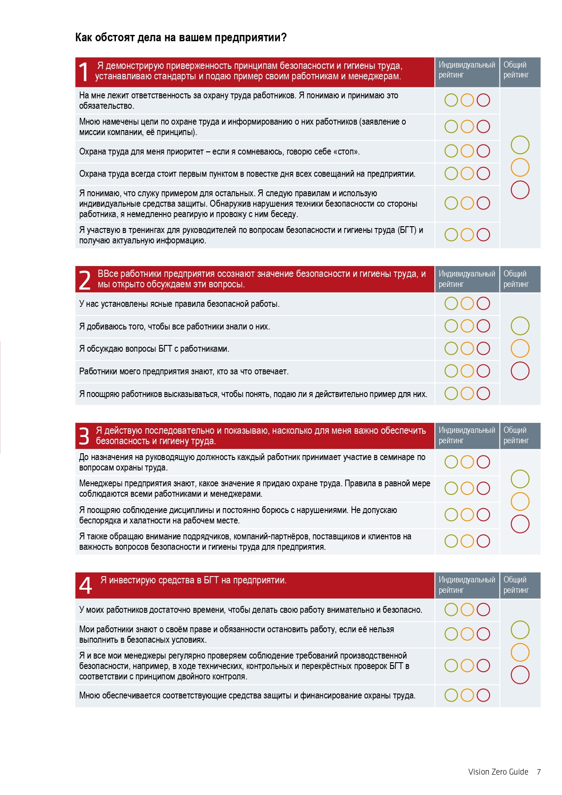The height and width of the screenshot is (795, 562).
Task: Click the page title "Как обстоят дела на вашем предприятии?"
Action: (x=181, y=38)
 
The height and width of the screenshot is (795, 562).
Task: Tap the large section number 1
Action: (x=84, y=72)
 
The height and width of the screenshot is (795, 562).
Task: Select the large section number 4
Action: (x=85, y=585)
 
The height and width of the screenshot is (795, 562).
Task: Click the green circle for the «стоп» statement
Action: (x=451, y=151)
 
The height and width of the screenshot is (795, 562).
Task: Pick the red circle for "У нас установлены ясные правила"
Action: (x=483, y=303)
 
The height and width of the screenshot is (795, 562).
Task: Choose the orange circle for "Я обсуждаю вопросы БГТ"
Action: (x=467, y=349)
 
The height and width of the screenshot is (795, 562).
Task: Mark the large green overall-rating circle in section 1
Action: (x=520, y=145)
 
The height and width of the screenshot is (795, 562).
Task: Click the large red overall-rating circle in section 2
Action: (x=520, y=371)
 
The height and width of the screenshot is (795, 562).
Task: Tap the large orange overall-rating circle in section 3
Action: (x=520, y=502)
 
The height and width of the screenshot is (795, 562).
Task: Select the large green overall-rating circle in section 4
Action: (x=520, y=630)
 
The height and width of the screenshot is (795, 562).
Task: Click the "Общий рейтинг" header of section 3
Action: (x=516, y=435)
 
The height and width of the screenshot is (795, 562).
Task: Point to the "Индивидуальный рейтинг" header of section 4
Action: (x=466, y=585)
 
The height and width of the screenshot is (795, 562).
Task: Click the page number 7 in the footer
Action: (x=539, y=772)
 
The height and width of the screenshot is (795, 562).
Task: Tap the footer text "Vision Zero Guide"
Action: (x=498, y=772)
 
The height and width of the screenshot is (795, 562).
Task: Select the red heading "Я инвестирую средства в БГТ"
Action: (x=193, y=580)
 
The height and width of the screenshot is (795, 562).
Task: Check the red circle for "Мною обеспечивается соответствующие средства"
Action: (x=483, y=695)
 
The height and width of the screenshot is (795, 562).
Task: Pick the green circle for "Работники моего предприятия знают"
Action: (x=451, y=371)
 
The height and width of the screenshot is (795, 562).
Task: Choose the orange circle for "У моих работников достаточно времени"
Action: (x=467, y=610)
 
